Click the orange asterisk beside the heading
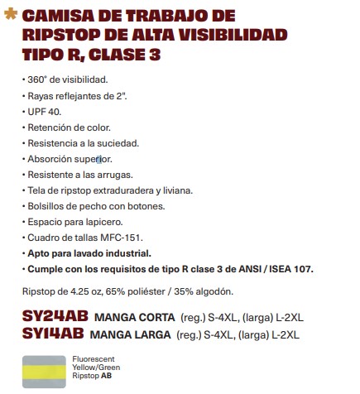[10, 16]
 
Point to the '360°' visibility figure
[39, 83]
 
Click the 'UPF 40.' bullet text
[45, 113]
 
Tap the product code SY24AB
[55, 316]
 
